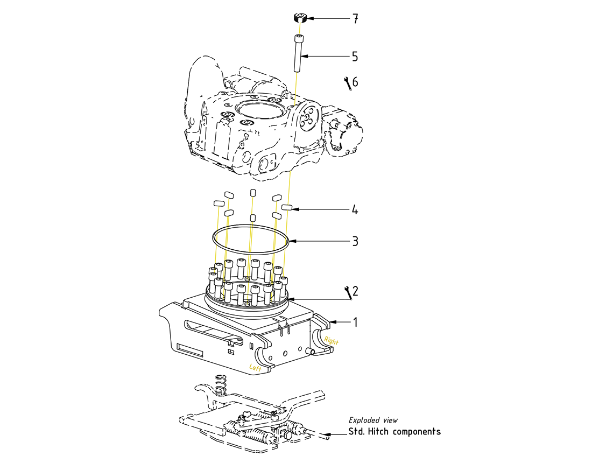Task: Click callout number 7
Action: click(355, 19)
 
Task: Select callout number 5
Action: click(355, 57)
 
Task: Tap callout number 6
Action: click(355, 82)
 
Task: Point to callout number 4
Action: click(355, 210)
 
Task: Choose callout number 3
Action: click(355, 241)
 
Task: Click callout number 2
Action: click(355, 291)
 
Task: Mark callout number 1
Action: click(355, 322)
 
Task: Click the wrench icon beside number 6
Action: click(347, 82)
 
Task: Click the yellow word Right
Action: click(332, 341)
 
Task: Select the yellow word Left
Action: click(255, 367)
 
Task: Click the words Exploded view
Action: click(373, 420)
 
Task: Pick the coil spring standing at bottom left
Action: click(220, 383)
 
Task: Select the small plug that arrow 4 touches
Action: click(286, 207)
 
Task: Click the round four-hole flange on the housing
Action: click(308, 119)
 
